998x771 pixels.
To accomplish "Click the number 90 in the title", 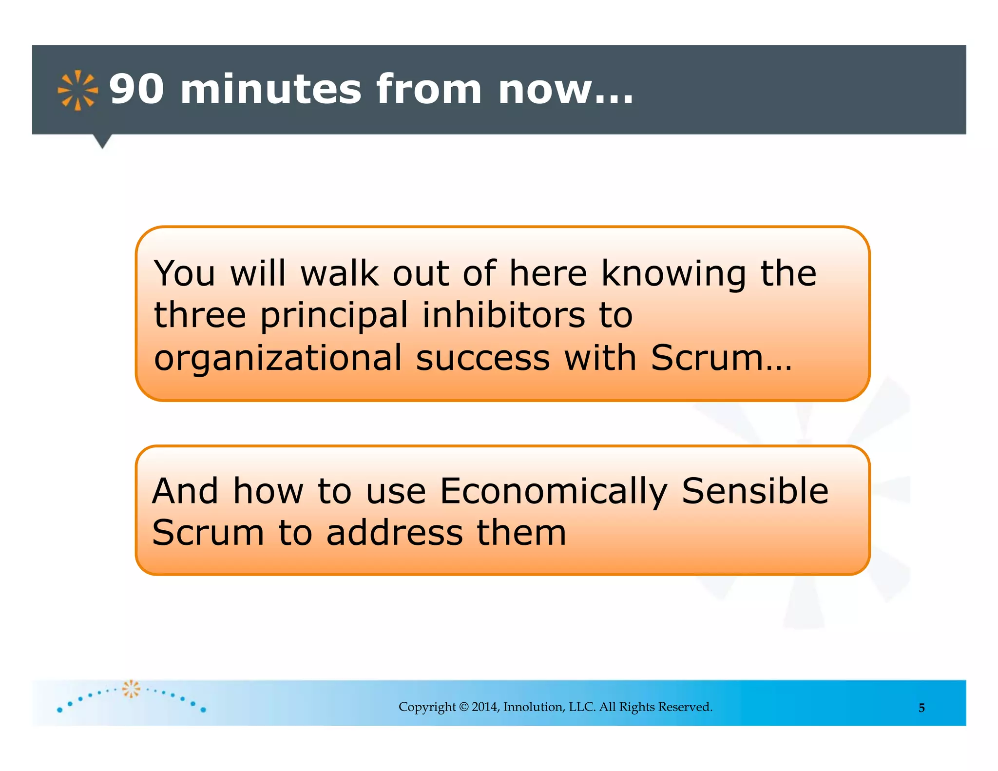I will pyautogui.click(x=136, y=89).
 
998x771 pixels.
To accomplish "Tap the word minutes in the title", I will pyautogui.click(x=271, y=89).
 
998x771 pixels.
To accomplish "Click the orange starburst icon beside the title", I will pyautogui.click(x=77, y=91).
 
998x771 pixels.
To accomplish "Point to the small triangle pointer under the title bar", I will pyautogui.click(x=102, y=141).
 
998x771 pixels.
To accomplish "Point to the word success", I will pyautogui.click(x=483, y=358).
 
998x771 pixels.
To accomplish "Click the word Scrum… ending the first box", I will pyautogui.click(x=722, y=358).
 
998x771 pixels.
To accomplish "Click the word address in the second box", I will pyautogui.click(x=395, y=533).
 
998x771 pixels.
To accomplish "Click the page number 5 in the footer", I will pyautogui.click(x=921, y=708).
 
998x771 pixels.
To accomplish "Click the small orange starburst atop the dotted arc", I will pyautogui.click(x=131, y=689).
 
